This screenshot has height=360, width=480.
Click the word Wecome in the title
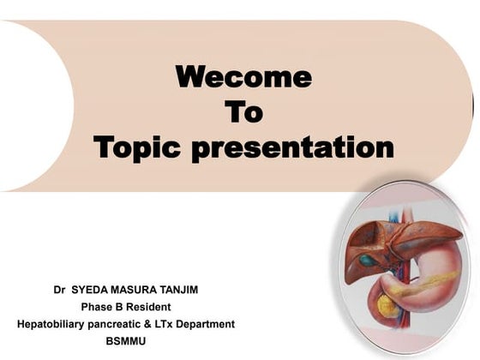pos(243,78)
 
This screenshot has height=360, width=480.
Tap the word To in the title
pos(243,112)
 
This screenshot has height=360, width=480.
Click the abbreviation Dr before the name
pos(59,290)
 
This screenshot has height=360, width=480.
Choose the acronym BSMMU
pos(126,341)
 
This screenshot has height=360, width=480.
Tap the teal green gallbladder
pos(368,260)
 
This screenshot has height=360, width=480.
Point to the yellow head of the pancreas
pos(387,303)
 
